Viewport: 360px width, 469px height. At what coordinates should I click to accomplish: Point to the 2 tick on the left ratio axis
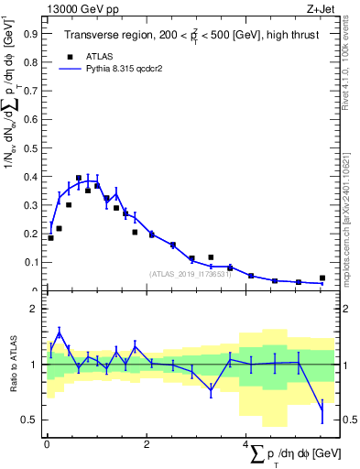[33, 310]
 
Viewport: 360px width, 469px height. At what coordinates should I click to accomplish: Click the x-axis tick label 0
[46, 444]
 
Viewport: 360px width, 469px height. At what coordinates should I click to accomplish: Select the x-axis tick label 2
[147, 444]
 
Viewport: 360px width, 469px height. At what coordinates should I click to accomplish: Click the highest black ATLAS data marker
[79, 178]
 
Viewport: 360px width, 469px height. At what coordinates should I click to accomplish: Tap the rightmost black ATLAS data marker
[322, 278]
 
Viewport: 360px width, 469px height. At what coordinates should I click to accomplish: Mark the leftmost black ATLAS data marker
[50, 238]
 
